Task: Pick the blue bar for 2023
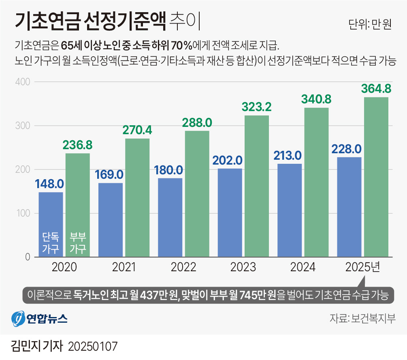[x=230, y=212]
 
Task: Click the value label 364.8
[x=376, y=88]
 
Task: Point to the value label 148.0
[x=49, y=184]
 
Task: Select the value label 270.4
[x=137, y=130]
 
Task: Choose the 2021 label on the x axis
[x=124, y=267]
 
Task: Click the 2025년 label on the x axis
[x=363, y=267]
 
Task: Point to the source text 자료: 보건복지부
[x=363, y=318]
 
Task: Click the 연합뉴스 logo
[x=39, y=318]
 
